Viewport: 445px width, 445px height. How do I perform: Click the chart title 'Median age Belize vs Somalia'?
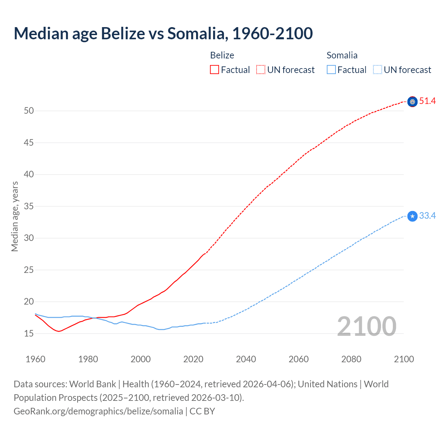click(x=163, y=33)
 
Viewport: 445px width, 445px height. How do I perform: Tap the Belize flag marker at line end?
click(x=412, y=102)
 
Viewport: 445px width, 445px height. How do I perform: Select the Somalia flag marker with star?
click(x=412, y=216)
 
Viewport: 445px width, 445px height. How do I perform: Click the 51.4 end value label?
click(x=427, y=101)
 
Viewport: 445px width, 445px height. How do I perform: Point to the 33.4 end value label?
click(x=427, y=216)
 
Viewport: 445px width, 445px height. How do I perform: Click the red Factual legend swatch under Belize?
click(x=215, y=70)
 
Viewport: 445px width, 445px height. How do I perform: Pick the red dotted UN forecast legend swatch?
click(x=261, y=70)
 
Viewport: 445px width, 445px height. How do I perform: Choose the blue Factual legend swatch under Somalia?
click(x=331, y=70)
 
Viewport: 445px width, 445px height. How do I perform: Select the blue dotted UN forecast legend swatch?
click(x=377, y=70)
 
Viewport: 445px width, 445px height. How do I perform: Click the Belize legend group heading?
click(x=222, y=55)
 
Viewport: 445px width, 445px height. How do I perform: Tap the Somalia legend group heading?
click(x=342, y=55)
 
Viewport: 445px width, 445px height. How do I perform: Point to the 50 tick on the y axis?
click(x=29, y=111)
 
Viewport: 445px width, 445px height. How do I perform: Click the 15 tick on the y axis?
click(x=29, y=334)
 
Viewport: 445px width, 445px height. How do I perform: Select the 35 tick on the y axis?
click(x=29, y=207)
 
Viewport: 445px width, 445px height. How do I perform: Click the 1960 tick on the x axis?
click(x=35, y=359)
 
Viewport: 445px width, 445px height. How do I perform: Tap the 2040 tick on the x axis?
click(x=246, y=359)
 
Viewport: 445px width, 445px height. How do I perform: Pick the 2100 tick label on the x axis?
click(x=404, y=359)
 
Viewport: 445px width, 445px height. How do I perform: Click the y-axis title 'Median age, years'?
click(x=15, y=216)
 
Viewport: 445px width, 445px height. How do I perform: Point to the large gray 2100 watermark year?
click(x=366, y=326)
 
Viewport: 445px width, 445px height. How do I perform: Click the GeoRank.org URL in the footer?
click(x=98, y=411)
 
